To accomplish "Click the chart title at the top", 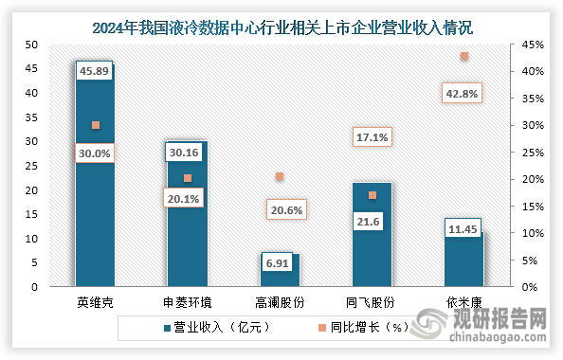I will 281,27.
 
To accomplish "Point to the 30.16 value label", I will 187,152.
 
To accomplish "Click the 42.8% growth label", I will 463,92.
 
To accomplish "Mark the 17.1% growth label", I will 372,137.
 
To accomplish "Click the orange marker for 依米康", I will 463,57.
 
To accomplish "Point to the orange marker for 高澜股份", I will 280,176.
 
